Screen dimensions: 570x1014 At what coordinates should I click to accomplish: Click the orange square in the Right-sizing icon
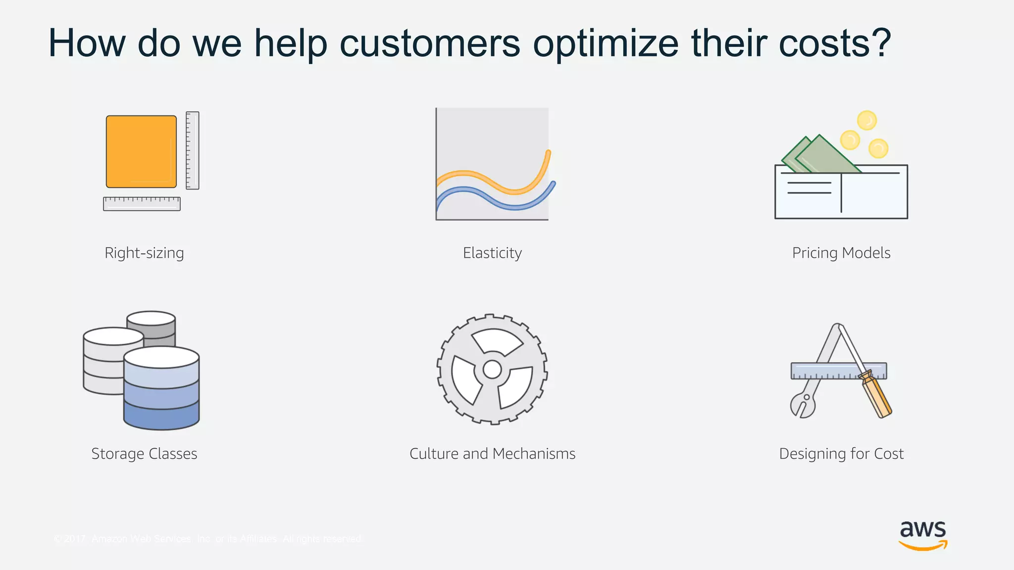(141, 151)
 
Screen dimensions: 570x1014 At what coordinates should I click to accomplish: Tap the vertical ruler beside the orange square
(193, 150)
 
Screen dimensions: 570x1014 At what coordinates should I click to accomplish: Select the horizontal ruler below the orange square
(142, 204)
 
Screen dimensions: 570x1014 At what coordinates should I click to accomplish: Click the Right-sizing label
(144, 253)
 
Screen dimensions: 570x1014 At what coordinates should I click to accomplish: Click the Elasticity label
(492, 253)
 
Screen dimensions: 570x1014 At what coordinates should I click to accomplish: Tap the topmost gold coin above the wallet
(866, 120)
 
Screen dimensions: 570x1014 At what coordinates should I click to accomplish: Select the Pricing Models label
(841, 253)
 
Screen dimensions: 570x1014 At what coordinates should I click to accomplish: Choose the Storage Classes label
(144, 454)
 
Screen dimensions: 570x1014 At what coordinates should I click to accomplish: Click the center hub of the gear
(492, 369)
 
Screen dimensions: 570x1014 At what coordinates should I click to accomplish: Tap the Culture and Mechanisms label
(492, 454)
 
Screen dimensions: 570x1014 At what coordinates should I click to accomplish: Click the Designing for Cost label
(841, 454)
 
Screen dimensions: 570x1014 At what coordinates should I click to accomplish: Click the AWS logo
(923, 535)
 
